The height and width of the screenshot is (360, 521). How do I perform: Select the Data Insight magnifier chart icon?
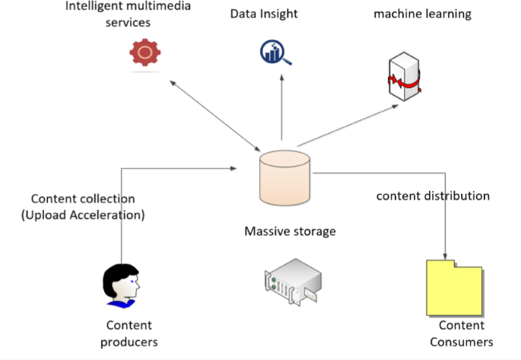275,53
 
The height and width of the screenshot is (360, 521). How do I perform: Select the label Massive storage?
290,231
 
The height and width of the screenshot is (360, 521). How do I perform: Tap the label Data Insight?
264,14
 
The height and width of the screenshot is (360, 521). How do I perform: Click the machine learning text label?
422,14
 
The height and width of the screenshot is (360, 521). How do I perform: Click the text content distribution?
433,196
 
